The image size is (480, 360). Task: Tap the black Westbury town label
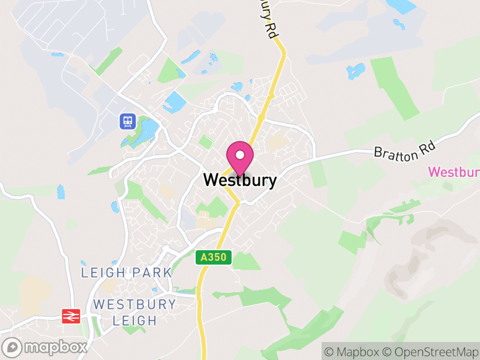click(x=240, y=179)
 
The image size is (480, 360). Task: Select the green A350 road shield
click(x=214, y=257)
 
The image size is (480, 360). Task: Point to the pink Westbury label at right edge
click(x=454, y=172)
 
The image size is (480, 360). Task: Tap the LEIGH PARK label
click(x=127, y=272)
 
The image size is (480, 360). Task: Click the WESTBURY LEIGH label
click(x=134, y=312)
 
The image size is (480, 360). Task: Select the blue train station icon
click(x=127, y=121)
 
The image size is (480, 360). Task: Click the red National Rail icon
click(x=71, y=316)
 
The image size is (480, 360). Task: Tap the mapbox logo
click(x=45, y=347)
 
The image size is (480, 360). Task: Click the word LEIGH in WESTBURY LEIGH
click(x=135, y=320)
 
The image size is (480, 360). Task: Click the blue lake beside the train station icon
click(x=147, y=128)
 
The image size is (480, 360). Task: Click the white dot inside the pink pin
click(x=240, y=155)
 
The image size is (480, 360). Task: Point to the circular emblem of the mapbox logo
click(x=12, y=347)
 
